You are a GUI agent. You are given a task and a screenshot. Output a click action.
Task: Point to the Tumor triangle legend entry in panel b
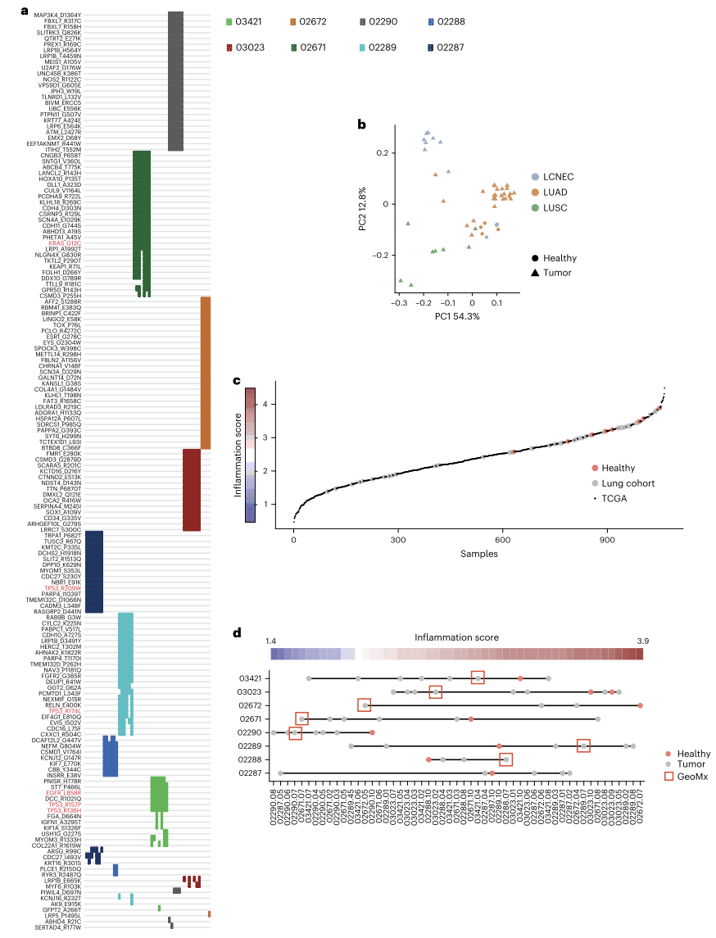(x=551, y=273)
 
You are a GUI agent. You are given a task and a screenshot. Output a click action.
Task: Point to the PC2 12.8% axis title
(x=361, y=209)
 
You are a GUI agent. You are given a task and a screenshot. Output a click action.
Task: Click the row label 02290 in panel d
(x=250, y=732)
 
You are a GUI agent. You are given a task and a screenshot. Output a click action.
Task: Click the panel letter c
(x=237, y=381)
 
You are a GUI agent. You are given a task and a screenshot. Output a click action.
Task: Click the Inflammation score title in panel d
(x=456, y=637)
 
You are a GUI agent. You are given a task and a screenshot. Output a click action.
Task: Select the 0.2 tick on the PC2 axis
(x=380, y=152)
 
